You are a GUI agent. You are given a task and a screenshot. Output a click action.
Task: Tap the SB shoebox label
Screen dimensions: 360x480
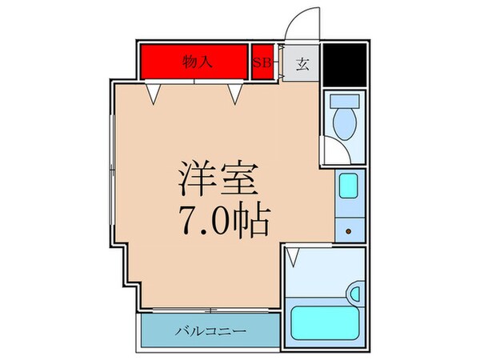click(261, 62)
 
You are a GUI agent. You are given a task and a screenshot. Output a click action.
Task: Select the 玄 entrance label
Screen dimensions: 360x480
click(302, 64)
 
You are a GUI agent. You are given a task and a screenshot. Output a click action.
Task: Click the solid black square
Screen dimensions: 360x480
click(345, 64)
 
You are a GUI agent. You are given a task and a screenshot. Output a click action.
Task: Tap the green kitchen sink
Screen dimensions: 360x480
click(349, 187)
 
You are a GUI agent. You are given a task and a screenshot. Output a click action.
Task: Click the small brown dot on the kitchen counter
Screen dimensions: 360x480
click(349, 231)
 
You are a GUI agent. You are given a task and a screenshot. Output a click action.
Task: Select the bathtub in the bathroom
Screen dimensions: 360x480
click(325, 324)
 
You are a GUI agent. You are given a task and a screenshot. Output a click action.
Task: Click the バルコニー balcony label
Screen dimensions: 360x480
click(211, 330)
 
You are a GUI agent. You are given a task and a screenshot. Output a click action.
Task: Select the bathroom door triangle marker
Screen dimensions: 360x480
click(293, 258)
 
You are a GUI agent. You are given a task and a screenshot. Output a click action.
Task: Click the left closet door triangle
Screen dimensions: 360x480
click(152, 94)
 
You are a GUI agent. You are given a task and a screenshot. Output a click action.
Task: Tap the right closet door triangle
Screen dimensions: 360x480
click(234, 94)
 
